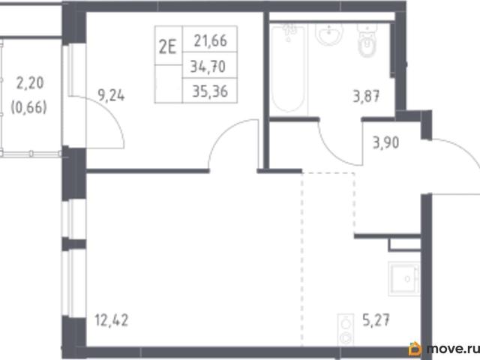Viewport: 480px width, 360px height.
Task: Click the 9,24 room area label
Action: tap(111, 95)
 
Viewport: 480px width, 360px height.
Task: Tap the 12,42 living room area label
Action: tap(112, 320)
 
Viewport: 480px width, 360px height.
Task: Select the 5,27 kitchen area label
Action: tap(376, 320)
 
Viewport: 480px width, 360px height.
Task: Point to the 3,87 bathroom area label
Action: tap(367, 96)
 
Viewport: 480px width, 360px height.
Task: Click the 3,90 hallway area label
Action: tap(385, 142)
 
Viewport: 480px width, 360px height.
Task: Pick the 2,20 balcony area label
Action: tap(30, 82)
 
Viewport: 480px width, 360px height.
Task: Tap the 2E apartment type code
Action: tap(168, 48)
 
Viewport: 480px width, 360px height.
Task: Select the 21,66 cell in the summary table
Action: tap(210, 40)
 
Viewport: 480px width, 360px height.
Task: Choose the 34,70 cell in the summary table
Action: tap(208, 66)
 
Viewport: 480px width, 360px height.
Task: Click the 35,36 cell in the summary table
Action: tap(210, 91)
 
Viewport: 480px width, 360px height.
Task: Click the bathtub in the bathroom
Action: tap(288, 68)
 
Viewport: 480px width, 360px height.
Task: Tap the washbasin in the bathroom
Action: tap(329, 34)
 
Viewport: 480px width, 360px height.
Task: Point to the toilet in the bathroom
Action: tap(367, 40)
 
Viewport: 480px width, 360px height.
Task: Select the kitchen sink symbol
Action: tap(404, 278)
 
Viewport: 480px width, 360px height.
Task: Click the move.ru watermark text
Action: tap(453, 349)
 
